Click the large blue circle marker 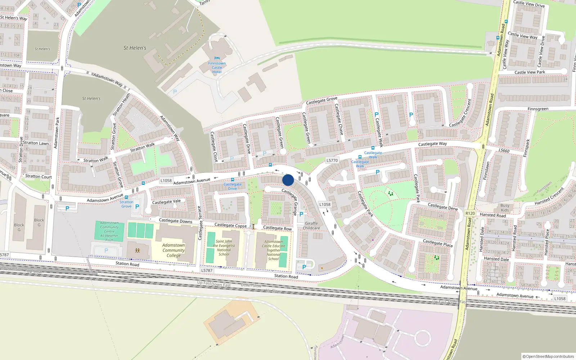click(288, 180)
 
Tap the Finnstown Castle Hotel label click(217, 68)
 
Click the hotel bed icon click(217, 58)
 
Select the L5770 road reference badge click(332, 161)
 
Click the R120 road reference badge click(470, 213)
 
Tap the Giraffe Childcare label click(311, 226)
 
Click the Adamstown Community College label click(174, 250)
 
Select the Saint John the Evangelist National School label click(224, 248)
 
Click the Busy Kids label click(505, 208)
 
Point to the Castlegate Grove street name click(321, 100)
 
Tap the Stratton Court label click(39, 176)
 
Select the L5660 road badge click(504, 150)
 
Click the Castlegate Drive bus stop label click(233, 186)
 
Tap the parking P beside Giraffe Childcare click(301, 214)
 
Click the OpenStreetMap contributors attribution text click(549, 356)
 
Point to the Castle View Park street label click(530, 72)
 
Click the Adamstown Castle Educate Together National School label click(274, 250)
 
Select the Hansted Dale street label click(496, 259)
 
